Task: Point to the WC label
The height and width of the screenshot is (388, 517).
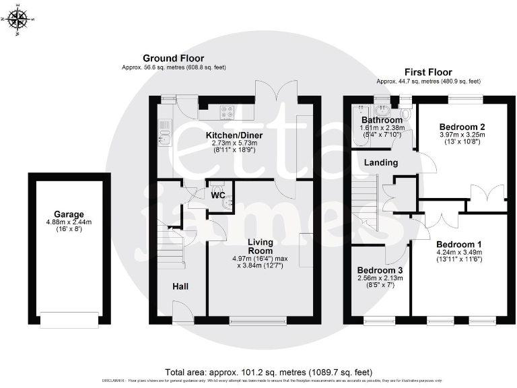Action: [218, 195]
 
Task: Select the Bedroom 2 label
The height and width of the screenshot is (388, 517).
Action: [462, 127]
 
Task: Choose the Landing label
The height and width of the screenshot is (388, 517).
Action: [381, 162]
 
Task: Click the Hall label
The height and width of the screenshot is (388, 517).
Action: [180, 286]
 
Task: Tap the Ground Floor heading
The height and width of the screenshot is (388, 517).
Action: [173, 59]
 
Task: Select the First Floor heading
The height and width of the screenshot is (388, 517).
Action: [427, 72]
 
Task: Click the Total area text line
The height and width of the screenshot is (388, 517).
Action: [268, 372]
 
